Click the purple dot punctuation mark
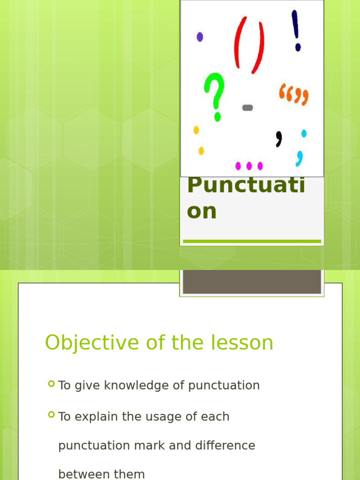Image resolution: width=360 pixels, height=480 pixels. click(x=200, y=37)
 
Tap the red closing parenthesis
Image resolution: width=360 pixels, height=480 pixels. click(x=258, y=45)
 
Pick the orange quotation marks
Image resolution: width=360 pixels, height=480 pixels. click(x=294, y=93)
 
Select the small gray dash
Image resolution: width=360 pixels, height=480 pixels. click(x=247, y=108)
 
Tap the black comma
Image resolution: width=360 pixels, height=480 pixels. click(x=279, y=139)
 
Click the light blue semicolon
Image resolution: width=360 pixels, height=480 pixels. click(x=301, y=147)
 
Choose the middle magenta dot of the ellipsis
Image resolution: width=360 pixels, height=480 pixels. click(x=249, y=165)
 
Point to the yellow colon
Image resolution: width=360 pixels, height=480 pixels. click(x=199, y=140)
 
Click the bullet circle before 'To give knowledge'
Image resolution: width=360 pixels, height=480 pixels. click(x=51, y=384)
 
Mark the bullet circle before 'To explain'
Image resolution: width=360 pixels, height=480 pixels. click(x=51, y=415)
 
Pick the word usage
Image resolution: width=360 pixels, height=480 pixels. click(x=156, y=416)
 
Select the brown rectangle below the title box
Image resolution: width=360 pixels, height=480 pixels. click(x=252, y=281)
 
